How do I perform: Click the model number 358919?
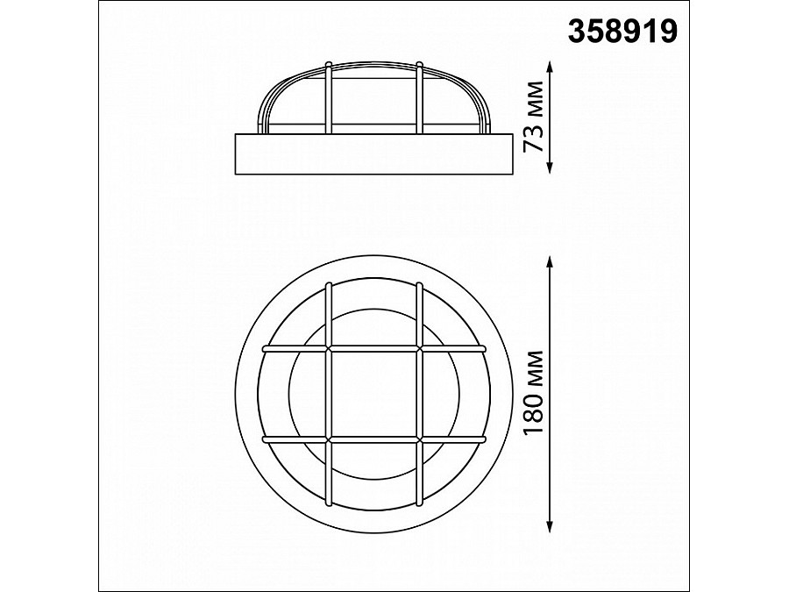622,32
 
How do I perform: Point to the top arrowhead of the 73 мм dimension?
549,66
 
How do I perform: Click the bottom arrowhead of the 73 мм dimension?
549,172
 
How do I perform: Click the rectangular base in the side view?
373,153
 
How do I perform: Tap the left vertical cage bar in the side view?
328,98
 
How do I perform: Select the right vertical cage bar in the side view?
419,98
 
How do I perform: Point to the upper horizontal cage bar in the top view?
373,348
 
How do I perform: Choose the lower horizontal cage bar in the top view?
373,438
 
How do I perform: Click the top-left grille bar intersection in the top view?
328,348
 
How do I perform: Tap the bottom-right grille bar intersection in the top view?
419,438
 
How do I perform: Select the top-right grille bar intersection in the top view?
419,348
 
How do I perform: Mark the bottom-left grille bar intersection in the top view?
328,438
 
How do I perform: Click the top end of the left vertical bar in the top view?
328,285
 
